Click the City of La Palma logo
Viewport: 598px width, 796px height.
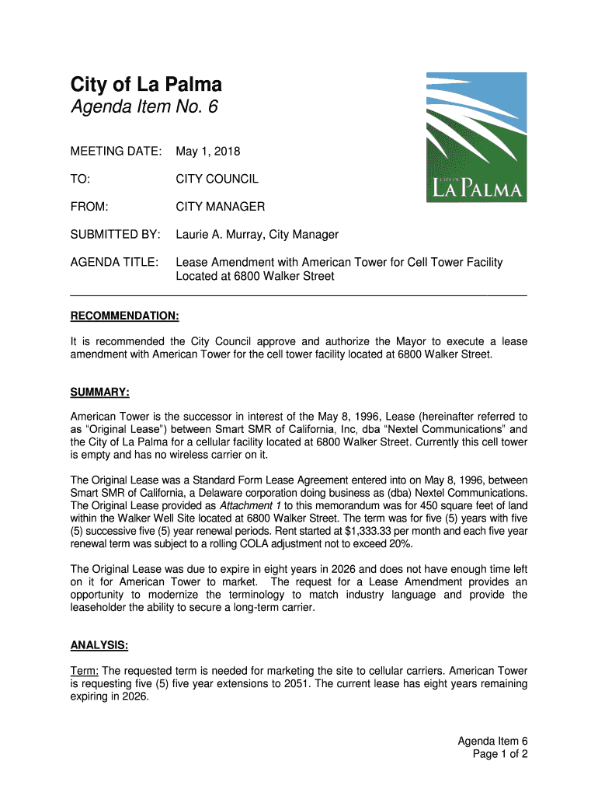[x=476, y=138]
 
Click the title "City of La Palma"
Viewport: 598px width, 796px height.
[x=147, y=85]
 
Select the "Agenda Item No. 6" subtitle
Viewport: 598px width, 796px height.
[x=144, y=108]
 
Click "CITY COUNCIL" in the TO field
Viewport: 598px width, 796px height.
[x=217, y=179]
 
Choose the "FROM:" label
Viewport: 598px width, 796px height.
[x=89, y=207]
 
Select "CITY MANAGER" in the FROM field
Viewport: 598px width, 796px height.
[x=220, y=207]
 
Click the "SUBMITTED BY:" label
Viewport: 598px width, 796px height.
[x=115, y=235]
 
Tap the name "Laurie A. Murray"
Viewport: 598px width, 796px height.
[x=220, y=235]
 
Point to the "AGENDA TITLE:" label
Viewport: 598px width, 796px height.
[x=115, y=262]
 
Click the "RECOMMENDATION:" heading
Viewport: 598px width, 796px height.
[x=125, y=316]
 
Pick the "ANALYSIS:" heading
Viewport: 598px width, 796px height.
[x=99, y=645]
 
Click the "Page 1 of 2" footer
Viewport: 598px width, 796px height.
[x=500, y=755]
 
